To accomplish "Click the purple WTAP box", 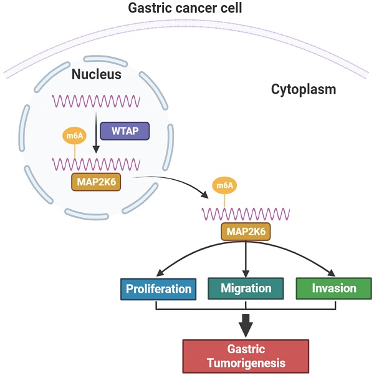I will (x=124, y=131).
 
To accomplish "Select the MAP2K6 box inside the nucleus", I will (x=96, y=182).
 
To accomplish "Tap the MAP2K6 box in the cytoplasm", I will (x=246, y=232).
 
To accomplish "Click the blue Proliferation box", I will (x=158, y=289).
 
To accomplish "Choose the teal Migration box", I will (x=246, y=288).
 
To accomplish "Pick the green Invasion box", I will (x=335, y=288).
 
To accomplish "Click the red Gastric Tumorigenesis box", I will (x=246, y=356).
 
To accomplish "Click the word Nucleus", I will (x=96, y=75).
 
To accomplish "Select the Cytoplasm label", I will (x=303, y=90).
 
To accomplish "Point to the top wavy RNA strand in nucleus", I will (x=96, y=100).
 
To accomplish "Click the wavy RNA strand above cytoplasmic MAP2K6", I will (x=244, y=213).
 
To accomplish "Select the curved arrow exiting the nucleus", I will (x=175, y=182).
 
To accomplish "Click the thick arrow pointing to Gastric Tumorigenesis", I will (x=246, y=323).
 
